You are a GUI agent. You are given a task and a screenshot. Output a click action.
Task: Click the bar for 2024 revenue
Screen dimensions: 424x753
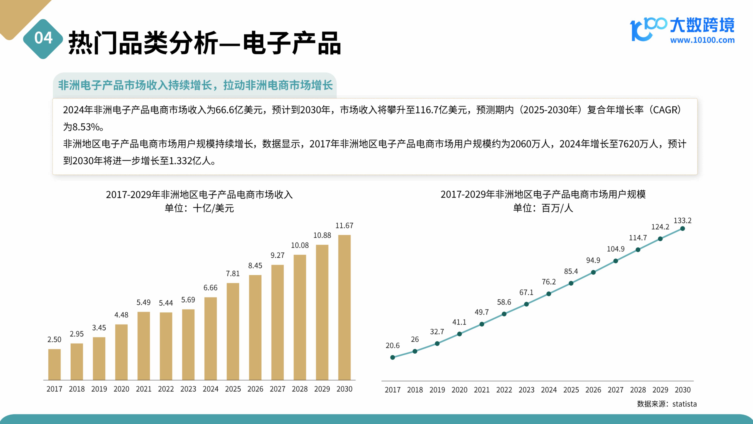[210, 339]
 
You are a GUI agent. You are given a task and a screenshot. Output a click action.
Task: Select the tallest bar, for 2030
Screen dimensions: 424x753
[344, 307]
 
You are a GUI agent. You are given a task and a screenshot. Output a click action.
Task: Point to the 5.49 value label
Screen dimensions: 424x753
[143, 302]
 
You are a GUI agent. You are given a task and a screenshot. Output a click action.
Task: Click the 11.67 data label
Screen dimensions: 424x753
[344, 226]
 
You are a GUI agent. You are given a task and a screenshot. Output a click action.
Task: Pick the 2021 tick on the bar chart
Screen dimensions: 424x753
[143, 389]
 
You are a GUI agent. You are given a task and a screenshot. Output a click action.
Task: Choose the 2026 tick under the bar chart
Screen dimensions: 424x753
[255, 389]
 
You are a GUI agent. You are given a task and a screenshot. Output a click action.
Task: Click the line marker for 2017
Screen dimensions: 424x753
[393, 357]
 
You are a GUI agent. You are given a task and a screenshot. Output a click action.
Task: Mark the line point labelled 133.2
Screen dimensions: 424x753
[683, 229]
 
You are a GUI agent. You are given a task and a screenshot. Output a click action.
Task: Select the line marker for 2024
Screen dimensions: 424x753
[549, 294]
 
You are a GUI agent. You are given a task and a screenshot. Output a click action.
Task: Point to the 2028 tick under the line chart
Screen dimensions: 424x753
[638, 390]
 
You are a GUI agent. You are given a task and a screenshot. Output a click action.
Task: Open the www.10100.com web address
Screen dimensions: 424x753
[702, 40]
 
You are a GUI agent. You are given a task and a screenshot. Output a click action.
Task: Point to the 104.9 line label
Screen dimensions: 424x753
[616, 249]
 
